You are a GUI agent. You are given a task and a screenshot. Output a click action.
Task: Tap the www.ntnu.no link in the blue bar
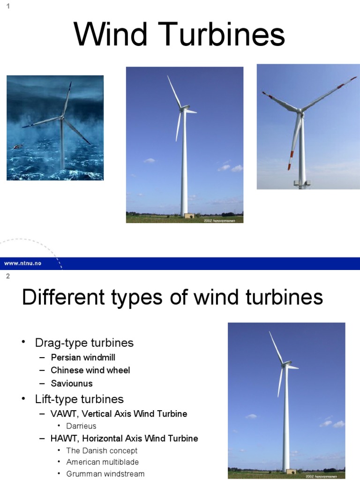click(x=22, y=263)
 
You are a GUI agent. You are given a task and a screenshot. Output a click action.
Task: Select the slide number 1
click(x=8, y=6)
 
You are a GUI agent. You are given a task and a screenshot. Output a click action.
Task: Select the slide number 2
click(x=8, y=276)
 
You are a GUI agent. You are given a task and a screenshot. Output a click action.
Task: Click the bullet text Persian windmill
click(x=83, y=357)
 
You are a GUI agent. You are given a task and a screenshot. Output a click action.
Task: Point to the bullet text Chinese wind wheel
click(x=90, y=370)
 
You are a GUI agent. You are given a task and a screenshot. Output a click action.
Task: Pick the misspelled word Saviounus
click(x=72, y=383)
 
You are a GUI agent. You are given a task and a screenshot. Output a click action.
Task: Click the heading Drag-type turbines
click(x=84, y=343)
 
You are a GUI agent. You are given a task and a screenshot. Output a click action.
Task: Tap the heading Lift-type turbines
click(x=79, y=399)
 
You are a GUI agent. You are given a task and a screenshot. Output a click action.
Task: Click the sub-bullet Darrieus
click(x=81, y=426)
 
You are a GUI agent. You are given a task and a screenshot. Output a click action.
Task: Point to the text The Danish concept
click(x=102, y=450)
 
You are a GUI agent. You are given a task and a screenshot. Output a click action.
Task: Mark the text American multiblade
click(x=102, y=462)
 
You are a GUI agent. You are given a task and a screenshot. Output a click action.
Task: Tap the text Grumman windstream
click(x=105, y=474)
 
